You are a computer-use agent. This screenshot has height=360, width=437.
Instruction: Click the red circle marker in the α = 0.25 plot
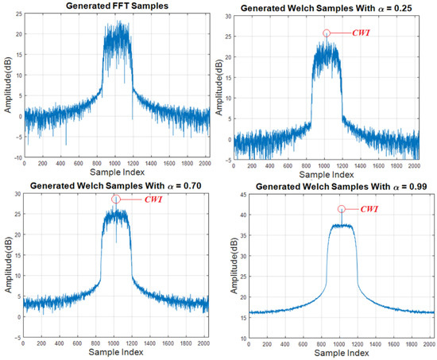coord(327,33)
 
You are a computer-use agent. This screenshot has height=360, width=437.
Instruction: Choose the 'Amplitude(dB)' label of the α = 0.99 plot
coord(231,267)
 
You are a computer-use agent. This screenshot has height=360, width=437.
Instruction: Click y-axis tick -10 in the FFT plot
coord(17,158)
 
